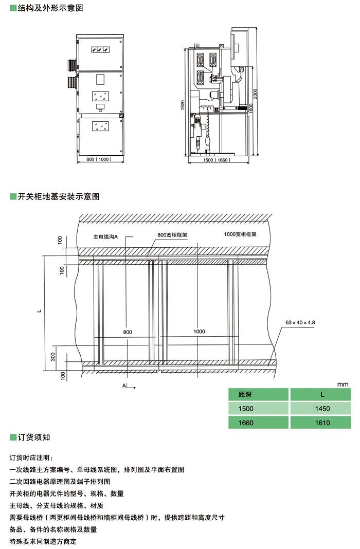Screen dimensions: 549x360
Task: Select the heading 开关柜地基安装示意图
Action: (58, 196)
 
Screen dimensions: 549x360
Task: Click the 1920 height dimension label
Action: (183, 105)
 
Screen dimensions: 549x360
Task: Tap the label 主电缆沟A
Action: (106, 237)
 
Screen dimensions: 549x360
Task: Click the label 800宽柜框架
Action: (172, 235)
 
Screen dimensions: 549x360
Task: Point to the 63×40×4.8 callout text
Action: (300, 322)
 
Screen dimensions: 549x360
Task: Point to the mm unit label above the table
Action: (343, 384)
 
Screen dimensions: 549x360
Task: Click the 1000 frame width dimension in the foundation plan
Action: (199, 332)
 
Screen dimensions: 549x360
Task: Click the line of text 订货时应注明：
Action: (31, 457)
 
